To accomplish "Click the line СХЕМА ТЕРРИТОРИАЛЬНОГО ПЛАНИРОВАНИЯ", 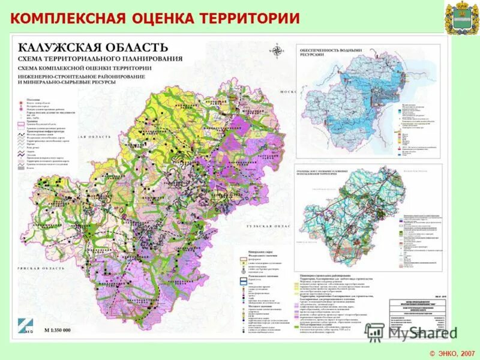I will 100,59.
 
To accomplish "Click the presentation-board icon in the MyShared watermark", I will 375,332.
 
